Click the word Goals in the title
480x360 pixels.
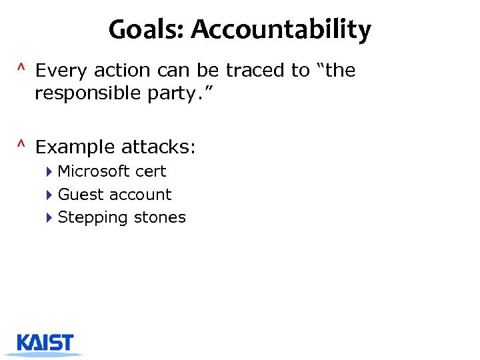click(x=138, y=30)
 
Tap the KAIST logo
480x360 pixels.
click(x=45, y=344)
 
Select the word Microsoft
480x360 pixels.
click(x=94, y=171)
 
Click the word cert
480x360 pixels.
click(x=151, y=171)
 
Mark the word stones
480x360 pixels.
click(x=159, y=217)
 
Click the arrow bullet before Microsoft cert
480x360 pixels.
click(x=50, y=171)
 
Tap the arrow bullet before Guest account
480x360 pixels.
click(x=50, y=195)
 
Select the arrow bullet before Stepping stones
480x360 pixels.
click(x=50, y=217)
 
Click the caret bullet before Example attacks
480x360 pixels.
click(x=21, y=145)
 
